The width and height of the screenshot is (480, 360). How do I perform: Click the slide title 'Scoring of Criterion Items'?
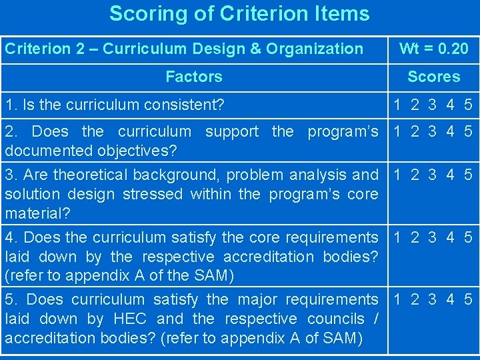click(x=239, y=13)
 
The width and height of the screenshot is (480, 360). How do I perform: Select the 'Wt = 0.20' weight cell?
click(x=433, y=49)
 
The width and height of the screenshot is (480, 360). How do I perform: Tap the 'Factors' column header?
click(x=194, y=77)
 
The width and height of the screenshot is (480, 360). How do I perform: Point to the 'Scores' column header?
click(x=433, y=77)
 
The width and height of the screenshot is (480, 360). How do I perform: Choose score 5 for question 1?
click(x=468, y=105)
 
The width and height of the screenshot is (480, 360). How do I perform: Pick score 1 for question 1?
click(x=397, y=105)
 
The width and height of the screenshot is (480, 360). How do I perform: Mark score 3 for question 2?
click(x=433, y=131)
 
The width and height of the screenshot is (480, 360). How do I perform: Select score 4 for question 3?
click(x=451, y=175)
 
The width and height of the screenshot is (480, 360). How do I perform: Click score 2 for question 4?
click(x=415, y=237)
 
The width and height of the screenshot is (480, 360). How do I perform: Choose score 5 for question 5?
click(x=468, y=299)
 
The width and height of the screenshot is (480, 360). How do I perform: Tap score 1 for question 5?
click(x=397, y=299)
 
